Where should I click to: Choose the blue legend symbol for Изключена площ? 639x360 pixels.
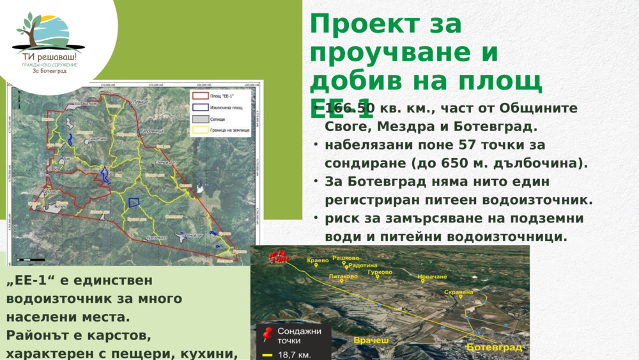tap(200, 107)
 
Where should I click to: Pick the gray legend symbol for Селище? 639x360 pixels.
tap(200, 118)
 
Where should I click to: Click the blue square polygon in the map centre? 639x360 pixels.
tap(134, 202)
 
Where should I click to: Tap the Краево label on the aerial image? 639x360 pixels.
tap(318, 260)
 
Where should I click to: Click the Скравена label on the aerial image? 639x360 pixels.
tap(458, 292)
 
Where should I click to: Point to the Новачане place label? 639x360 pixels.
tap(432, 277)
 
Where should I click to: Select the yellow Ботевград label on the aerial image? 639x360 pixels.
tap(494, 347)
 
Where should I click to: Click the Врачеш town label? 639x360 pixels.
tap(371, 340)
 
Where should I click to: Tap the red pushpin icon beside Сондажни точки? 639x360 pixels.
tap(268, 333)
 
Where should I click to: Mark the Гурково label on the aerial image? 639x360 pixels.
tap(380, 272)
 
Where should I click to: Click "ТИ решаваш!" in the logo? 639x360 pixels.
tap(49, 56)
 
